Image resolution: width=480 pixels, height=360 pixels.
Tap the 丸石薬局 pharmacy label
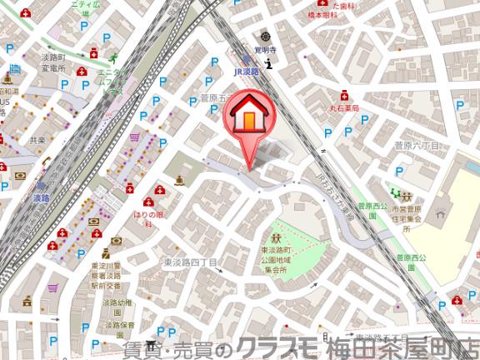[342, 108]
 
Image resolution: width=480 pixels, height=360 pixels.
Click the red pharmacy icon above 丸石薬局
[343, 96]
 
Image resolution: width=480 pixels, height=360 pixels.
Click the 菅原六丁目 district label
[417, 145]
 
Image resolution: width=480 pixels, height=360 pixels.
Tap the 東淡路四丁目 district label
[190, 262]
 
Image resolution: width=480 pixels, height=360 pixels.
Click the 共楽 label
[37, 140]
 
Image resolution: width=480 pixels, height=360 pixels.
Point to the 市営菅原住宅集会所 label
[406, 213]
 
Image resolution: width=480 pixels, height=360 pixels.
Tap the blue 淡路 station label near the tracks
[41, 199]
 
